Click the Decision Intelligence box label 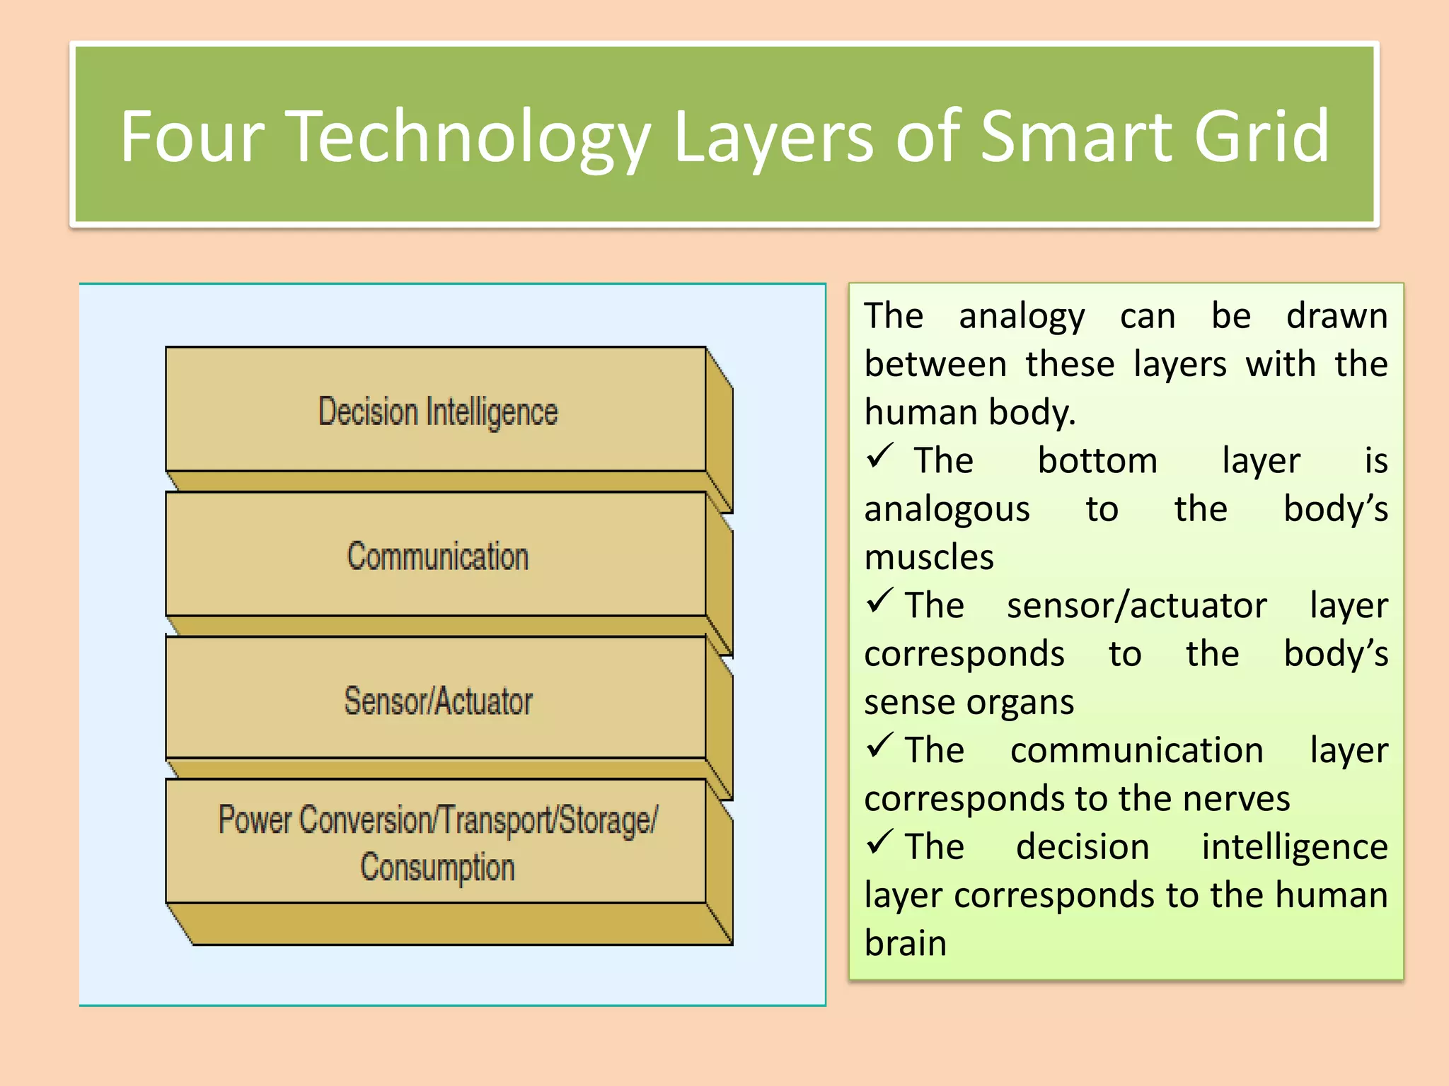438,411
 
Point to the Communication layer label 438,556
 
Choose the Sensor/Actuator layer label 438,701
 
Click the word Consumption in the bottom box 438,868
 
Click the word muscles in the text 929,557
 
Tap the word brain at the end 905,943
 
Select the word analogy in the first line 1021,316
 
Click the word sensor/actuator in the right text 1136,606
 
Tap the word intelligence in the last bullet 1294,847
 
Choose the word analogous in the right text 947,510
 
